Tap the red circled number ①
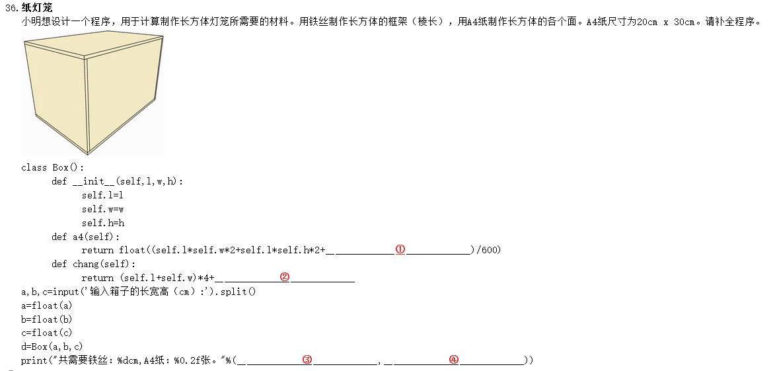point(400,249)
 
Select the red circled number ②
point(285,277)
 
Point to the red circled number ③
point(307,360)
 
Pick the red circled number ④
point(453,360)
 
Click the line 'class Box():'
point(53,167)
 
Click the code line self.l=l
point(102,195)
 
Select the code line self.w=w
point(102,209)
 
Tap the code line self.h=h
point(102,223)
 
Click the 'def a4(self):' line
point(86,237)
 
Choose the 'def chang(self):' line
point(94,264)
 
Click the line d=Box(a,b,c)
point(52,347)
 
